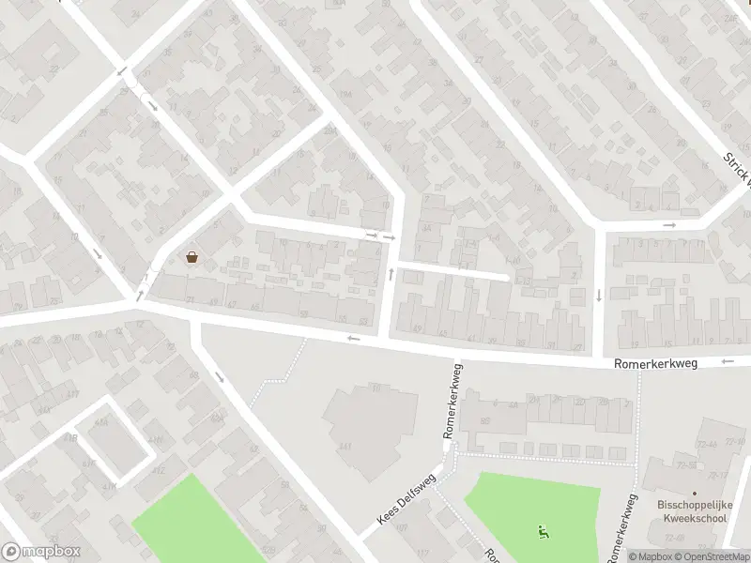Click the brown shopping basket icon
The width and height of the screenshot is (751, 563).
tap(192, 257)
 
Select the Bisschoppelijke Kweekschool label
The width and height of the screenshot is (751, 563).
tap(695, 511)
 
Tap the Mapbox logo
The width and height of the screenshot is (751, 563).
tap(41, 552)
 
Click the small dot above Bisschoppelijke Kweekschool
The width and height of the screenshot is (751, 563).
tap(695, 494)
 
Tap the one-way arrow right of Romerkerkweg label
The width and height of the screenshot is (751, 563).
tap(728, 361)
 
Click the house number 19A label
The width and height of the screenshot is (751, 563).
tap(345, 95)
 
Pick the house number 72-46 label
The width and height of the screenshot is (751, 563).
tap(707, 444)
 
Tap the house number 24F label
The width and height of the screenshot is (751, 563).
tap(731, 15)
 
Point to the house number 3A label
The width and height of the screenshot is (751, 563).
tap(426, 227)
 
